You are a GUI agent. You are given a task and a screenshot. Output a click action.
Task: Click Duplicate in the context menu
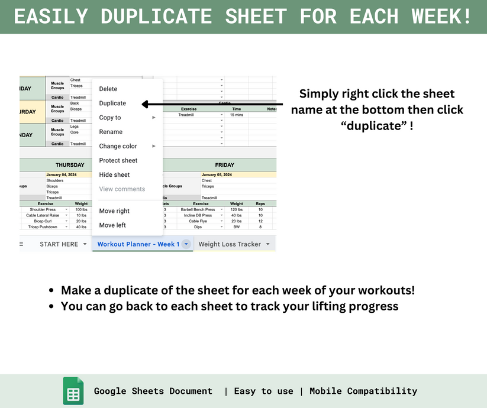click(x=112, y=103)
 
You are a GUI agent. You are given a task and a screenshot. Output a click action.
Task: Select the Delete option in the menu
click(x=108, y=89)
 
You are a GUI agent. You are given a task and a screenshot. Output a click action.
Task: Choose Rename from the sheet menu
click(x=111, y=132)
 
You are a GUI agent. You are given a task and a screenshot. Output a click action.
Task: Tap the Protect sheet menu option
click(x=118, y=161)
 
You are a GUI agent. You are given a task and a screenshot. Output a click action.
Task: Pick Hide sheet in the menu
click(x=114, y=175)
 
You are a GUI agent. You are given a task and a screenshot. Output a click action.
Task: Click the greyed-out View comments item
click(x=122, y=189)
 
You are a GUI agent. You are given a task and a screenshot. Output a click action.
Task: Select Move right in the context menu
click(x=114, y=211)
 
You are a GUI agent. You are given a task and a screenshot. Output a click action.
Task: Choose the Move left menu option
click(x=112, y=225)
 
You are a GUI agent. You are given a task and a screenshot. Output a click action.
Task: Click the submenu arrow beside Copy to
click(x=154, y=118)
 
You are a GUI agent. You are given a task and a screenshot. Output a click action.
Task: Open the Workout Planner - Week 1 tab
click(x=138, y=244)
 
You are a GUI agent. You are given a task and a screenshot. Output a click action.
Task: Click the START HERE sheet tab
click(x=59, y=244)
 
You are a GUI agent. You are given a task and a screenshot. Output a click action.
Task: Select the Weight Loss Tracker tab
click(x=230, y=244)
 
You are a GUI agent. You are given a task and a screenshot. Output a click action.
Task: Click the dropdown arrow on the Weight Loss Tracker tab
click(x=268, y=244)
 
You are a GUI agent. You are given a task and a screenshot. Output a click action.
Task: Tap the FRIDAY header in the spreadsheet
click(x=224, y=165)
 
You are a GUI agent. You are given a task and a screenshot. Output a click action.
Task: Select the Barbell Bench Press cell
click(x=198, y=209)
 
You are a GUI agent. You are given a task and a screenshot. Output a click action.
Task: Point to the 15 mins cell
click(x=236, y=115)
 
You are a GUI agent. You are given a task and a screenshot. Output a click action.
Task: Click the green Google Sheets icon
click(x=73, y=391)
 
